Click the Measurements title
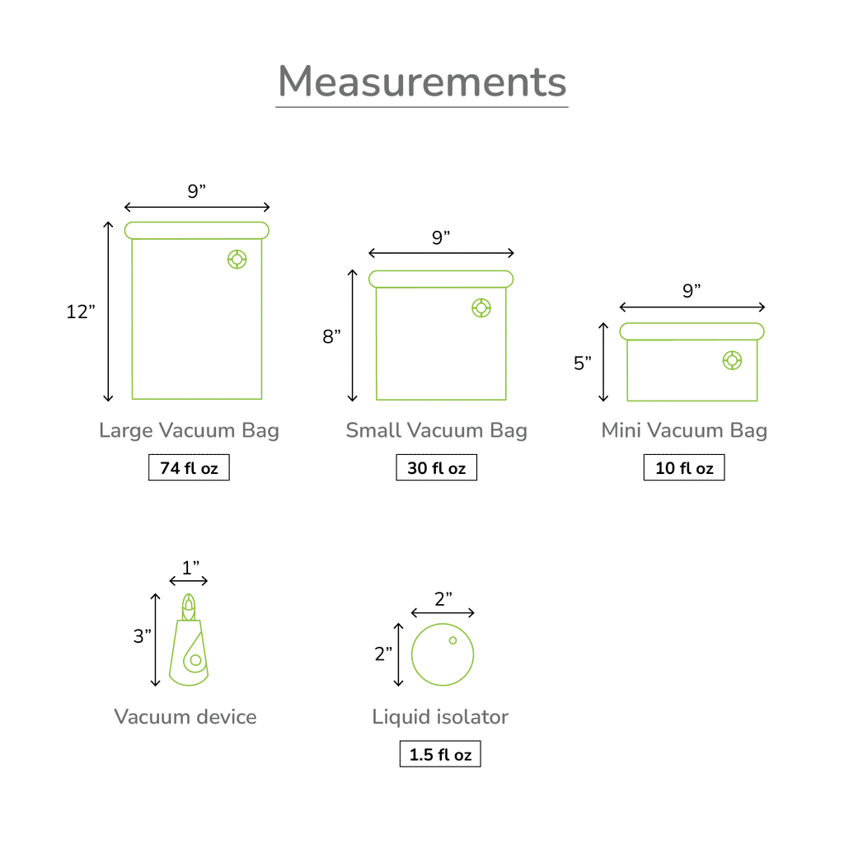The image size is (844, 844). [x=422, y=82]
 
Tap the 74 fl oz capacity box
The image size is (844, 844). [x=189, y=467]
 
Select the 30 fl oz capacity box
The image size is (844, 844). [x=437, y=467]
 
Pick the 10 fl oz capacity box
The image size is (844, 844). [x=684, y=467]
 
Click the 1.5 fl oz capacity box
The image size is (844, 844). [x=440, y=753]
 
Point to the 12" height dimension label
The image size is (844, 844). [x=81, y=311]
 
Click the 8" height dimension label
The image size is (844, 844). [x=331, y=336]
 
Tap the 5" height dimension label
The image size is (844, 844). [x=583, y=363]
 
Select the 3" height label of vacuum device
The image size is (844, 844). [x=142, y=635]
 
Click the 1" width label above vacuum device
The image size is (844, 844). [x=190, y=567]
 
